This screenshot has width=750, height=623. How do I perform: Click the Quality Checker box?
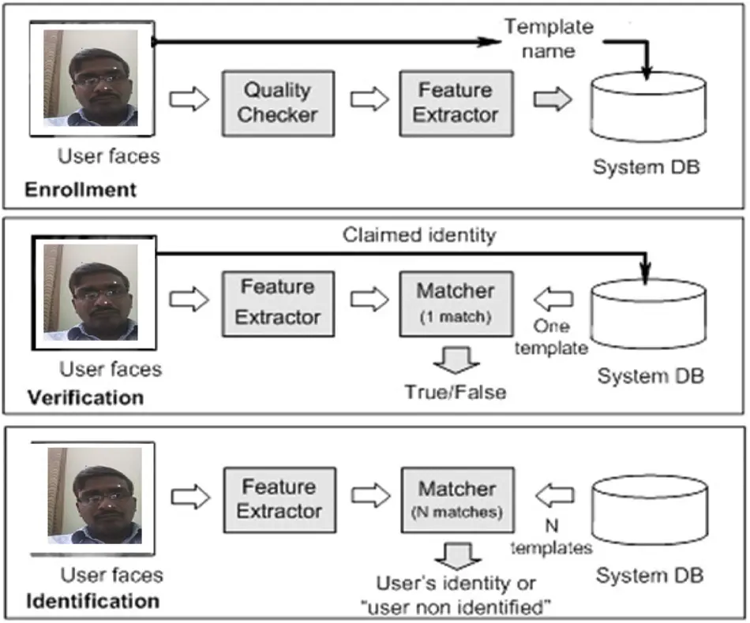click(278, 103)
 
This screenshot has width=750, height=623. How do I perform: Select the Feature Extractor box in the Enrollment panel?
click(456, 103)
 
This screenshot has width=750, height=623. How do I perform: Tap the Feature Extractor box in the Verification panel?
click(278, 302)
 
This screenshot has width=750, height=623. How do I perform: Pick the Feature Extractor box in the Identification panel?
click(278, 499)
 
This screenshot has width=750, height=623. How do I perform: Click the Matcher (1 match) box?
click(456, 302)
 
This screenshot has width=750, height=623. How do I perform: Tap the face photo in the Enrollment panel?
click(91, 79)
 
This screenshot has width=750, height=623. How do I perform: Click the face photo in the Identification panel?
click(95, 495)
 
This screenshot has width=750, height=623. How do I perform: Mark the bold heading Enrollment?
click(81, 190)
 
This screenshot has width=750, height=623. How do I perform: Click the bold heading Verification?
click(86, 397)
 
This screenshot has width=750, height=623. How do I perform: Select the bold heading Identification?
click(93, 601)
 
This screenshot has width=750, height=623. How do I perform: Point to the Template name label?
click(549, 39)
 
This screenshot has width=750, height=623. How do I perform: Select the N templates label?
click(551, 537)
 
